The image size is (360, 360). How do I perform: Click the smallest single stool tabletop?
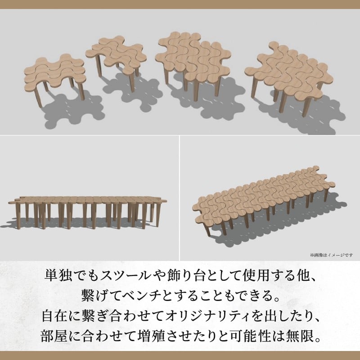coord(54,73)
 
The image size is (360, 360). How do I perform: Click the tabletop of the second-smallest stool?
coord(116,54)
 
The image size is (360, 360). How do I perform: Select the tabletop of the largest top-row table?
coord(289,72)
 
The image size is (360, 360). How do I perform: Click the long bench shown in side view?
coord(87,212)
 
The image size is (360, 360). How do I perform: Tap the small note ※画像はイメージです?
coord(331,255)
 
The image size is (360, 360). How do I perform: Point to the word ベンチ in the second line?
coord(140,296)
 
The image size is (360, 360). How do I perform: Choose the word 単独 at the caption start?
coord(57,275)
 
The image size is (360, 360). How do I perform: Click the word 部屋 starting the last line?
coord(53,336)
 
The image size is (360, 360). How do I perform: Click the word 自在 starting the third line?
coord(54,316)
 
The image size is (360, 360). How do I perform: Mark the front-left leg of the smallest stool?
coord(38,98)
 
